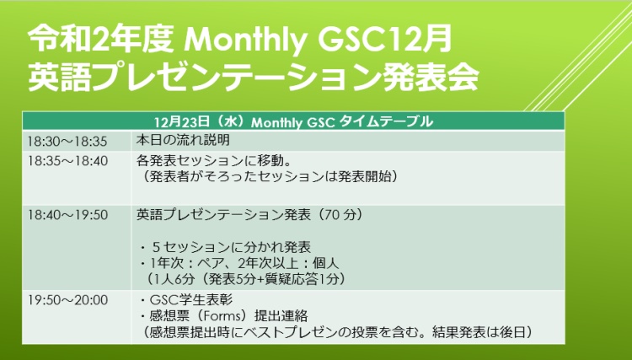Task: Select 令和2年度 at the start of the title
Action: click(x=101, y=40)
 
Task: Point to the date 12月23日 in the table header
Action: click(x=182, y=121)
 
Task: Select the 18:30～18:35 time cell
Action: click(x=67, y=142)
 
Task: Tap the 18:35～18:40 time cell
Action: click(x=67, y=161)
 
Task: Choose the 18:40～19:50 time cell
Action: click(x=67, y=215)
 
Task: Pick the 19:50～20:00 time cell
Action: click(x=67, y=300)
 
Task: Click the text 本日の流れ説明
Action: click(x=183, y=140)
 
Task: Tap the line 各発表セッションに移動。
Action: click(x=214, y=161)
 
